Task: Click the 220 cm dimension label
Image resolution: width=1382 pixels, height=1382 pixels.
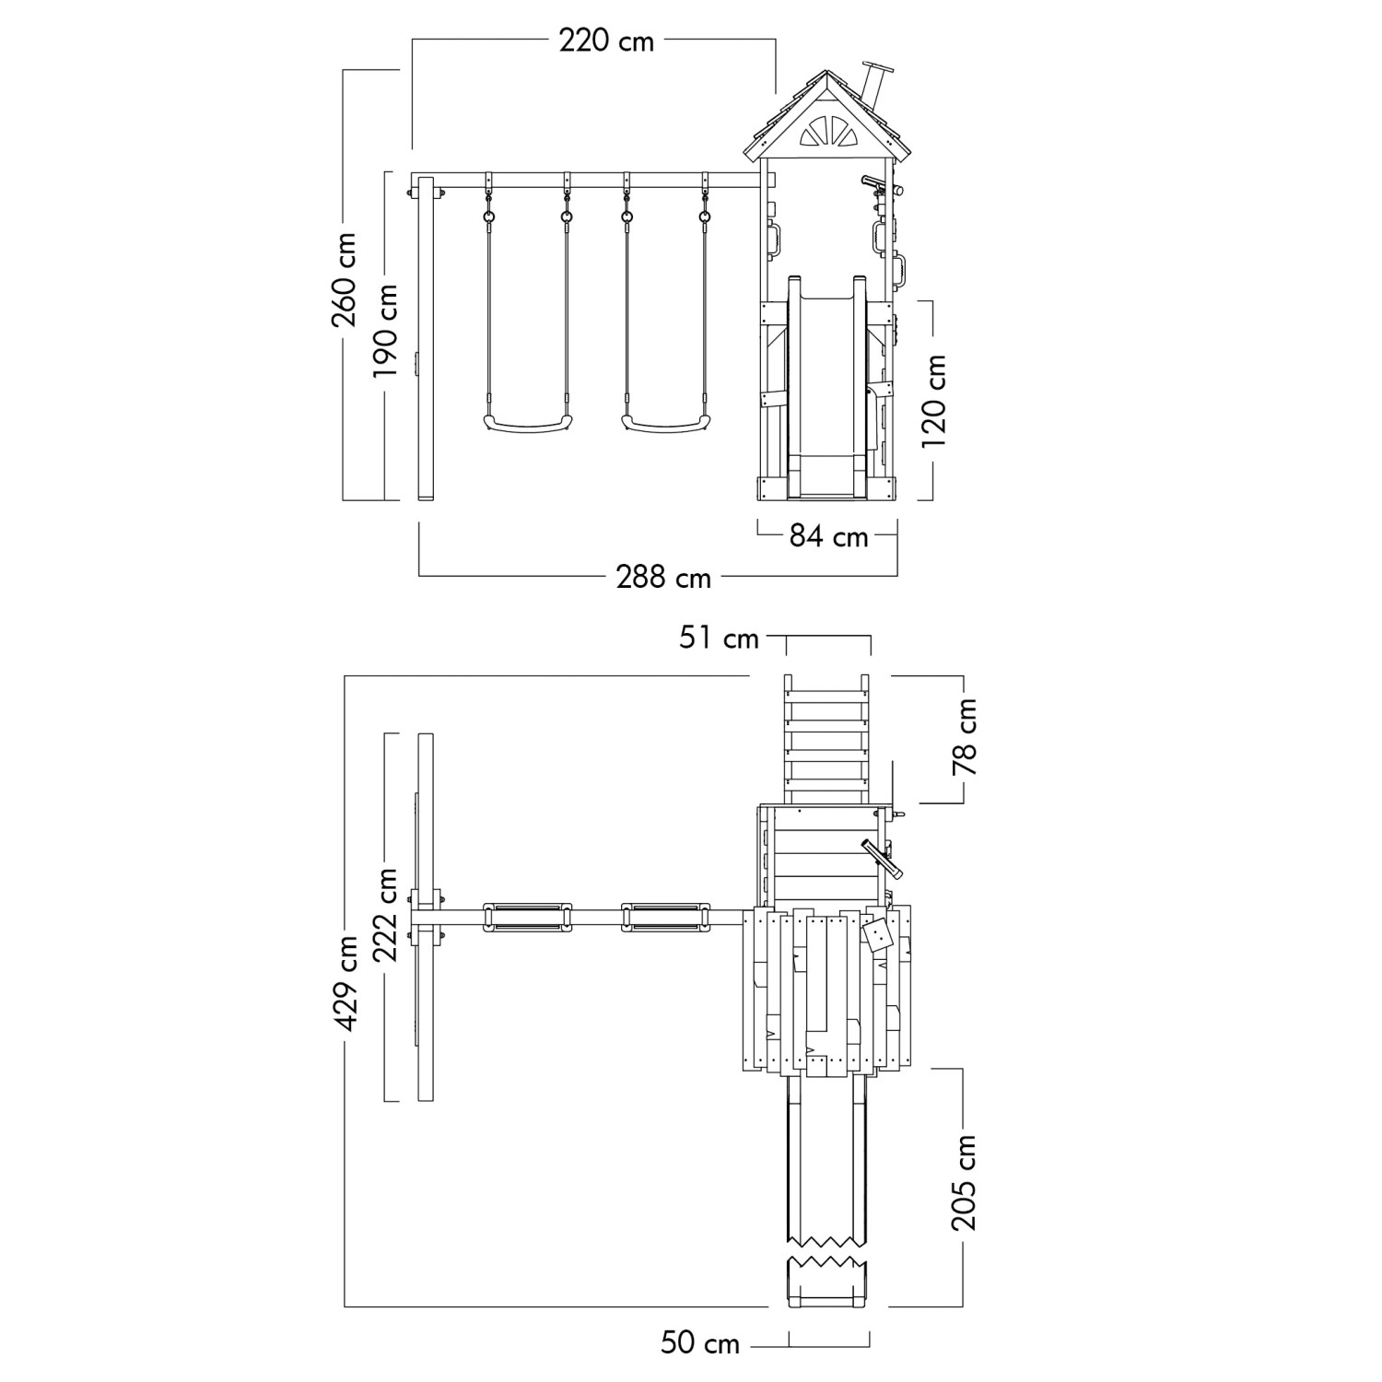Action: pos(606,41)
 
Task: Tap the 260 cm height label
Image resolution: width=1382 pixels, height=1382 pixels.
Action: pos(345,280)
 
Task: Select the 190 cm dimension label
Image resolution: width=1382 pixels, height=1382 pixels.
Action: pos(384,330)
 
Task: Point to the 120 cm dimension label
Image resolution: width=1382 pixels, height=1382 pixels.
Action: pos(934,401)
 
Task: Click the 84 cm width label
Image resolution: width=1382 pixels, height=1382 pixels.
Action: pos(828,535)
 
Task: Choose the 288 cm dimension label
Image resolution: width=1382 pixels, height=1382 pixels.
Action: pos(663,577)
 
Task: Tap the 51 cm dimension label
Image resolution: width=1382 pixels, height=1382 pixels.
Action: pos(720,638)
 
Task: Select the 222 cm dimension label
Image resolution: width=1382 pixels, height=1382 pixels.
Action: pos(384,915)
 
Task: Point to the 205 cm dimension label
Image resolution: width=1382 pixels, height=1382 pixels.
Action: pos(964,1182)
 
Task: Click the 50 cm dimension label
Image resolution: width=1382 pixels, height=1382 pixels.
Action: pos(700,1344)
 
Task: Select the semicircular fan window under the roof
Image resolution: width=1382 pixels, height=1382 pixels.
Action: pos(826,131)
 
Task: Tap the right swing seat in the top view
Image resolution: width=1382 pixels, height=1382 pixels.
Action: pos(666,919)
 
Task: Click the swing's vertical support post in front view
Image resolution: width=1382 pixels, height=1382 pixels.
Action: pos(426,339)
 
